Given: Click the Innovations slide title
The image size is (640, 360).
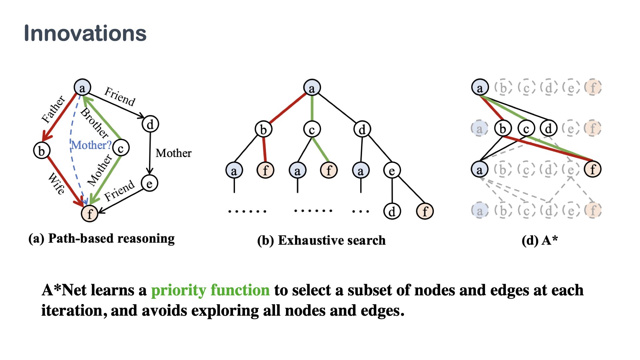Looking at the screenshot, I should click(85, 33).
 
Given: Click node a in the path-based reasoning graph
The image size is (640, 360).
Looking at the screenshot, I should click(82, 88).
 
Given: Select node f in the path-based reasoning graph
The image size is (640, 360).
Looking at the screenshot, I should click(89, 213).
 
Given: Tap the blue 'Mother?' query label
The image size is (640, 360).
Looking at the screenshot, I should click(91, 145).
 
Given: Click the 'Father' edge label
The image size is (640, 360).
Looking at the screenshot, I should click(53, 109).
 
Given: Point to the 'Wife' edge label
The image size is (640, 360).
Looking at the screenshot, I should click(56, 183).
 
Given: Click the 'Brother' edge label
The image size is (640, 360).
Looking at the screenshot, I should click(95, 123).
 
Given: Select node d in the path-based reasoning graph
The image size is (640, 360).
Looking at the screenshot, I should click(150, 124).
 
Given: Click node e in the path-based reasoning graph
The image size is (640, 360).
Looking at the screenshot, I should click(149, 183).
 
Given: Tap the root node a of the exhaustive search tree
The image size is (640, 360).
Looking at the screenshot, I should click(312, 88).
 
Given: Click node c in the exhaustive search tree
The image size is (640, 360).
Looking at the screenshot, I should click(312, 129).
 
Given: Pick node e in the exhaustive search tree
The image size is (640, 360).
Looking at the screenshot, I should click(392, 170).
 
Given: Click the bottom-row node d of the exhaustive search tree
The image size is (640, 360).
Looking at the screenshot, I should click(392, 211).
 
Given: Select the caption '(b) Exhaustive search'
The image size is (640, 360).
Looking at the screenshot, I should click(321, 240).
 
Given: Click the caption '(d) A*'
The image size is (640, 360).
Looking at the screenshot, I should click(539, 240).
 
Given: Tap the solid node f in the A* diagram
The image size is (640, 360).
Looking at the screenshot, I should click(593, 169).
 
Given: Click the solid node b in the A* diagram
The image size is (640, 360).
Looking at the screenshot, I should click(503, 128).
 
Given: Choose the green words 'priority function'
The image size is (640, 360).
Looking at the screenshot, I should click(210, 290).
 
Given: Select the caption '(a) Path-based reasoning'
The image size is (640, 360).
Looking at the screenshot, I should click(101, 239).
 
